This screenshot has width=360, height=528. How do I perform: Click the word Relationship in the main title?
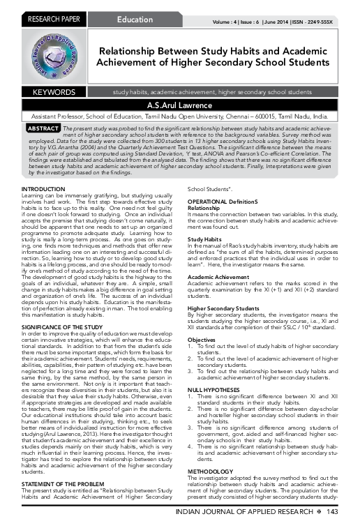tap(135, 52)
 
